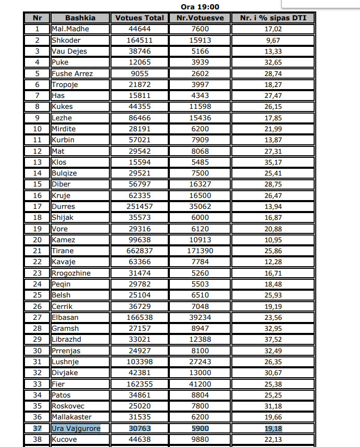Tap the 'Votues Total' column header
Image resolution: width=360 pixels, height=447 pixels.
(139, 18)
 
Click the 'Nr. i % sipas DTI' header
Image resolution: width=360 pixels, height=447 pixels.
(273, 18)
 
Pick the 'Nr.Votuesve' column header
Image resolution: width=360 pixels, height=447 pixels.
(200, 18)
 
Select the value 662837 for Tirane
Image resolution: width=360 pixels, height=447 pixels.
(139, 251)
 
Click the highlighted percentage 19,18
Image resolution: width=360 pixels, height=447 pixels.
(273, 428)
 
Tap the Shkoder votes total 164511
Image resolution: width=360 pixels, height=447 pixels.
(139, 40)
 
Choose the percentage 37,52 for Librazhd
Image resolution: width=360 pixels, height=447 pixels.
(273, 339)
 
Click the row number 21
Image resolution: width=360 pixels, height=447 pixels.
(38, 251)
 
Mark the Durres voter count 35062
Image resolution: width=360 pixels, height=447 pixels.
(200, 206)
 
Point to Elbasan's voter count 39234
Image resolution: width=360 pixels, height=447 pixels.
(200, 317)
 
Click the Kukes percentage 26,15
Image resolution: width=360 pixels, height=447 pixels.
(273, 107)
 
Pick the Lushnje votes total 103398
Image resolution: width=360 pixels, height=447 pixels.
(139, 362)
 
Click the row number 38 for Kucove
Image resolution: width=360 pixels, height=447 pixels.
(38, 439)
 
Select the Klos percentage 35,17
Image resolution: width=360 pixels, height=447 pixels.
(273, 162)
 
